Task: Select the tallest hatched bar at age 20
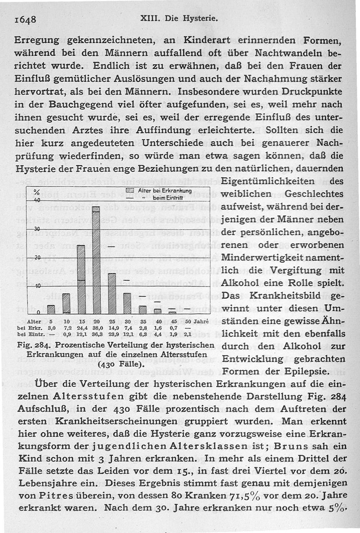pyautogui.click(x=95, y=261)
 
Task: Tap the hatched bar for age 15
pyautogui.click(x=81, y=279)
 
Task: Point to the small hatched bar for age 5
pyautogui.click(x=51, y=309)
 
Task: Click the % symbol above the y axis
pyautogui.click(x=38, y=193)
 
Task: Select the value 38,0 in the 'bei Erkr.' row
pyautogui.click(x=97, y=328)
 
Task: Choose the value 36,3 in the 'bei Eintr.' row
pyautogui.click(x=97, y=335)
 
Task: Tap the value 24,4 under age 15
pyautogui.click(x=81, y=328)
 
